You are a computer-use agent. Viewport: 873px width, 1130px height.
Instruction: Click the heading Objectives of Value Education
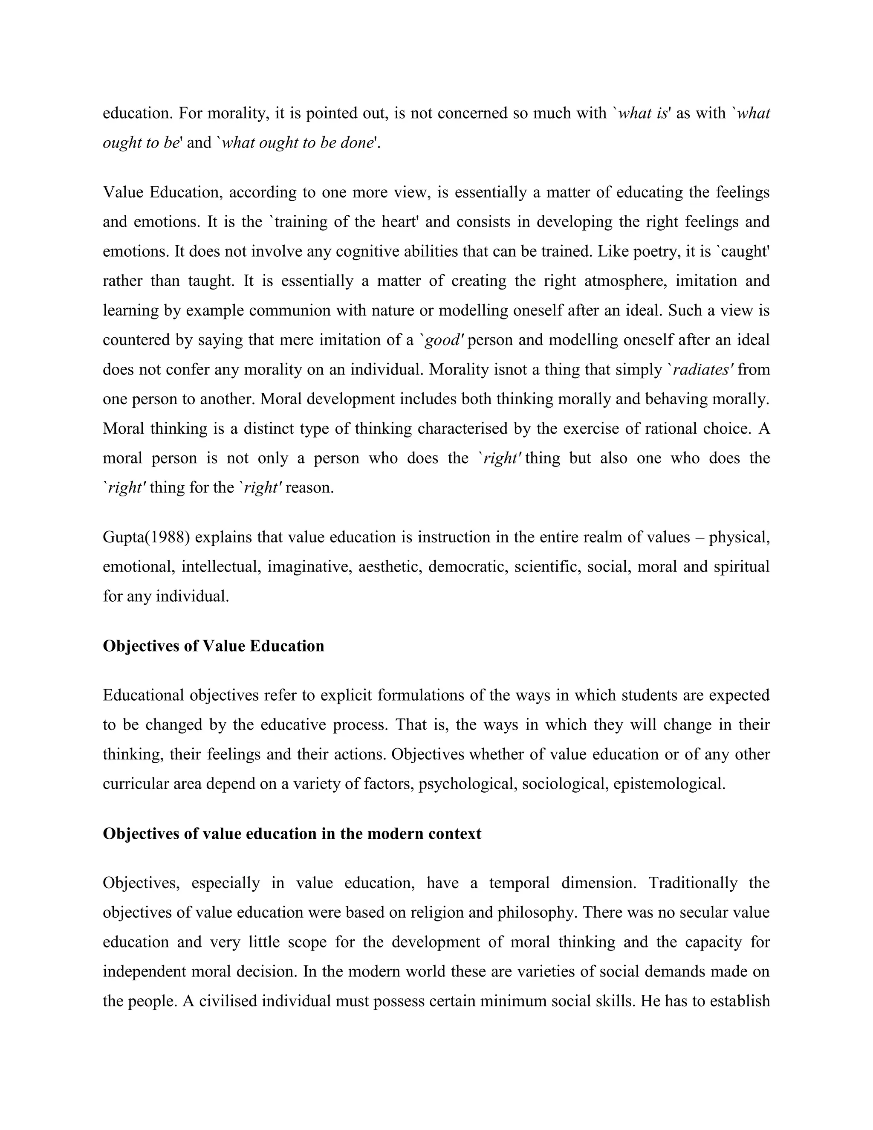[213, 646]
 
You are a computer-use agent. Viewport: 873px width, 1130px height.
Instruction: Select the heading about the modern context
[292, 834]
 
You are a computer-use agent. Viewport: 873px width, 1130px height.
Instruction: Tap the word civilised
[228, 1001]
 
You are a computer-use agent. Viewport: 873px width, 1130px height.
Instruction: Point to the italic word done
[357, 142]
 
